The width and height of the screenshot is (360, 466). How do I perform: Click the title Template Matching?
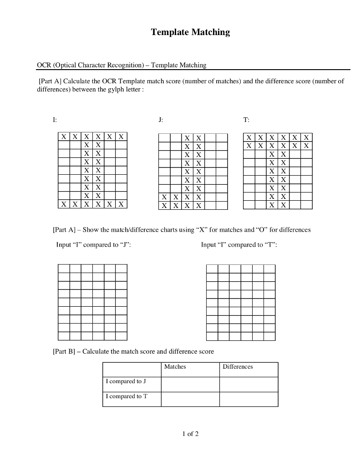point(190,32)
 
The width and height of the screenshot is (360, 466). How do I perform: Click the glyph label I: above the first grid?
point(55,120)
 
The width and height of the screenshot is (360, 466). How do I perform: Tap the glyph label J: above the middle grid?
point(160,120)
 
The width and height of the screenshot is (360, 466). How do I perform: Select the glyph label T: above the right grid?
point(246,120)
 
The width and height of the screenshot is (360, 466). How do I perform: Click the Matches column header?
point(175,367)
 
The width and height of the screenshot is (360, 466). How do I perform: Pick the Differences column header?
point(237,367)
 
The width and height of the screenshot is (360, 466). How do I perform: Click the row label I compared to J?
point(126,381)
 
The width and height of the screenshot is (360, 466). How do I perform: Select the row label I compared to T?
point(127,396)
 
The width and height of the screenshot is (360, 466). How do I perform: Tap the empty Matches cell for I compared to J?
point(190,384)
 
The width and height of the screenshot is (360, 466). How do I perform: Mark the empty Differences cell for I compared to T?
point(248,399)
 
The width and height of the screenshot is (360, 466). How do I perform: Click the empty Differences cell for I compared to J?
point(248,384)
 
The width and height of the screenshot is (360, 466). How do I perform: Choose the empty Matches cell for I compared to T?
point(190,399)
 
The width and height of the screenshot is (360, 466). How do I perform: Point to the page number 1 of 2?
point(190,434)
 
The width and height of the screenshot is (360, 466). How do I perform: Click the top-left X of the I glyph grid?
point(64,137)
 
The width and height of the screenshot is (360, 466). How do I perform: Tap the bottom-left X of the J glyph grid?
point(164,206)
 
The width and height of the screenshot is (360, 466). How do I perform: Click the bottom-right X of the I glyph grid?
point(121,204)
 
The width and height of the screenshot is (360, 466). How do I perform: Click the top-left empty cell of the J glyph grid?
point(164,138)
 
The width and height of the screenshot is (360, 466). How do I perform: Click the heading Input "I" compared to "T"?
point(239,245)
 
